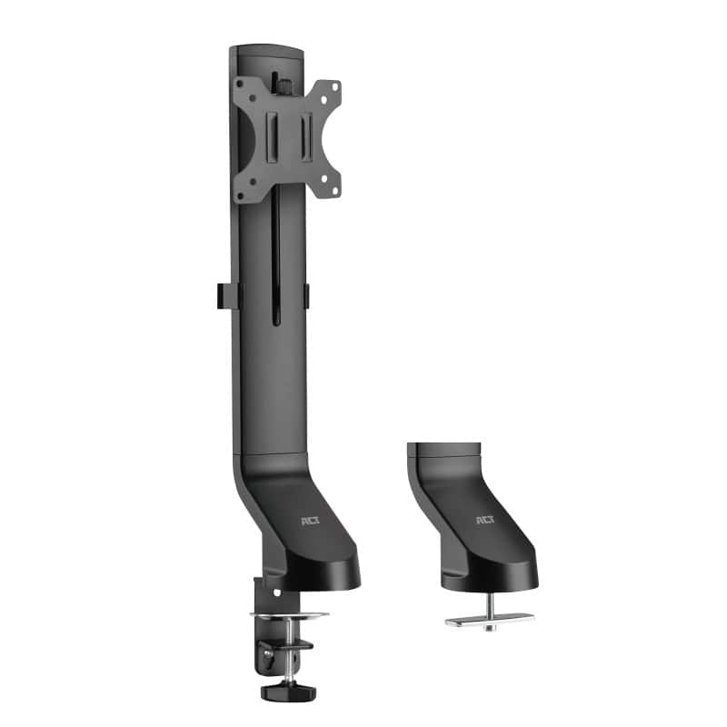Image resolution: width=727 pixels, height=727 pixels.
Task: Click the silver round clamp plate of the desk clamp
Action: (x=289, y=615)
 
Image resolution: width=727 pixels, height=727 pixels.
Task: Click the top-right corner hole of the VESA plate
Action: (x=333, y=87)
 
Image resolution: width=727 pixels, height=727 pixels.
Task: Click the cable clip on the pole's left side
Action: (x=224, y=296)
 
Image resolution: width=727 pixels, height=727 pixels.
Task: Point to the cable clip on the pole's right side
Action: (x=306, y=296)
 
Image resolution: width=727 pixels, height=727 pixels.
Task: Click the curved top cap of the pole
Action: (x=266, y=51)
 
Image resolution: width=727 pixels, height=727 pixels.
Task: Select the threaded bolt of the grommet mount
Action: (x=488, y=604)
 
